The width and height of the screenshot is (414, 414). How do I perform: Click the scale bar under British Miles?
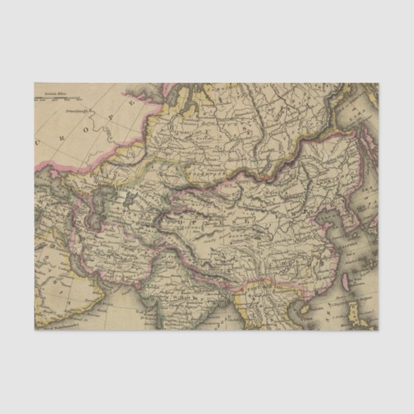click(59, 98)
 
